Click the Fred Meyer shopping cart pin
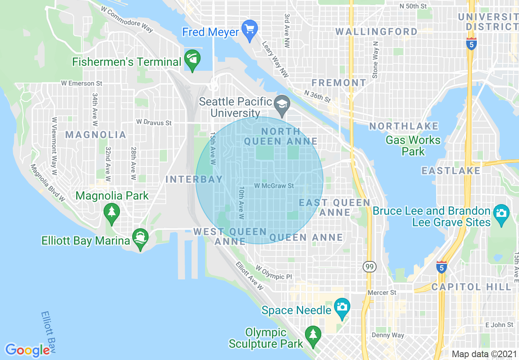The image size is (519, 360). coord(249,30)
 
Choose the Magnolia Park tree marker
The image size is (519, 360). coord(111,212)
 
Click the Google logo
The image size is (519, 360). coord(27,350)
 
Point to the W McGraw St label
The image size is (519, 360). coord(274,186)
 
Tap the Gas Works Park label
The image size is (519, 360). coord(413,146)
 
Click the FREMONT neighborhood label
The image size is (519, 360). coord(338,83)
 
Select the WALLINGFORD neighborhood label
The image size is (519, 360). coord(376,32)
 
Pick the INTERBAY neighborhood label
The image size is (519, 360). coord(194,179)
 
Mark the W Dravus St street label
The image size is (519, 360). coord(154,122)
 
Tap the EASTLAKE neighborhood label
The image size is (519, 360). coord(451,171)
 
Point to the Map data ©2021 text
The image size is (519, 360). coord(484,354)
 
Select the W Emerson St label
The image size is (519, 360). coord(81,83)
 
